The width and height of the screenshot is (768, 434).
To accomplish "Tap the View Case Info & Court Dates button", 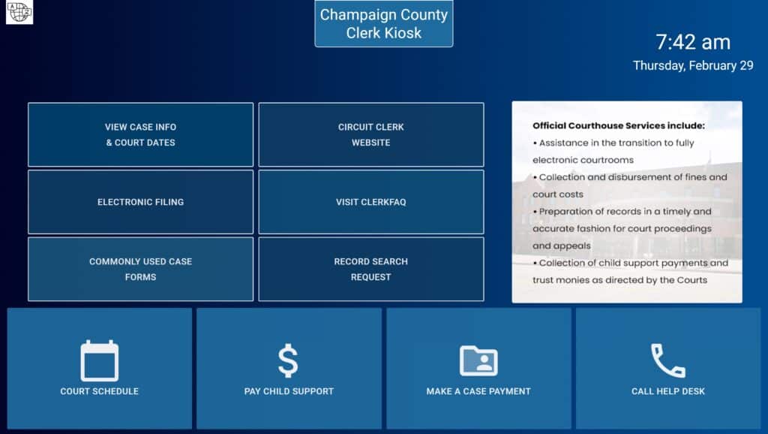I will click(x=140, y=134).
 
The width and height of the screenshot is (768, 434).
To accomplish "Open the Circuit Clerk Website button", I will click(x=370, y=134).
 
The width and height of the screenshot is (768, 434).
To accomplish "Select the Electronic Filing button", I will click(x=140, y=202).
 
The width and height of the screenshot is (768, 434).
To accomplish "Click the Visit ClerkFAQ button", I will click(x=370, y=202).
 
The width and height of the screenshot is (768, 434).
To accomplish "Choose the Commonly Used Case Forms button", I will click(x=140, y=269).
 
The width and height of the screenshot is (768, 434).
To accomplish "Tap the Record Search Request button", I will click(x=370, y=269).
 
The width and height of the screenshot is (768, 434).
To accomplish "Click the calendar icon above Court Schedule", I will click(x=100, y=361).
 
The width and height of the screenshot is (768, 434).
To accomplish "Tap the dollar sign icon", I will click(x=288, y=360).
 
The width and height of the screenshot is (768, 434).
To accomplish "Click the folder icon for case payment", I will click(x=478, y=360).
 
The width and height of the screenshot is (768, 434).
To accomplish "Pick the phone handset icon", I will click(x=667, y=360).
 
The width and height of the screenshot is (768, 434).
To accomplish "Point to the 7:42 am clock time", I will click(x=693, y=42).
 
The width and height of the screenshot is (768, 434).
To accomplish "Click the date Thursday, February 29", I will click(x=693, y=65).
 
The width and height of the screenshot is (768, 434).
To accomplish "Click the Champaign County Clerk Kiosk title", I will click(x=384, y=23).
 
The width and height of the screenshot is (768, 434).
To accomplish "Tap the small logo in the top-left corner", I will click(x=19, y=12).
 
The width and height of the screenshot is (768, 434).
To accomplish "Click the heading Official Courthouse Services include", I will click(x=619, y=126).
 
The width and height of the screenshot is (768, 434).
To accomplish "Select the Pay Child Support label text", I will click(x=289, y=391).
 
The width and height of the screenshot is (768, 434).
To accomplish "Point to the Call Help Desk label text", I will click(x=668, y=391).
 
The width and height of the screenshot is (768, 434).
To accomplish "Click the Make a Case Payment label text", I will click(x=478, y=391).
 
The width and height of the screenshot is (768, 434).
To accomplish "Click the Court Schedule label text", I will click(x=100, y=391).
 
